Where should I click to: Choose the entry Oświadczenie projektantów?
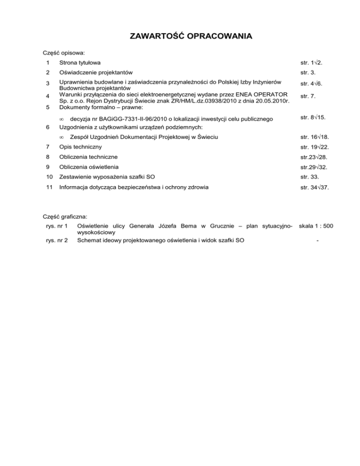pyautogui.click(x=96, y=72)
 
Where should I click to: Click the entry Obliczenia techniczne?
pyautogui.click(x=88, y=157)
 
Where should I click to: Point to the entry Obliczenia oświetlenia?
pyautogui.click(x=88, y=167)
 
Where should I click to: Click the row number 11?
pyautogui.click(x=45, y=187)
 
